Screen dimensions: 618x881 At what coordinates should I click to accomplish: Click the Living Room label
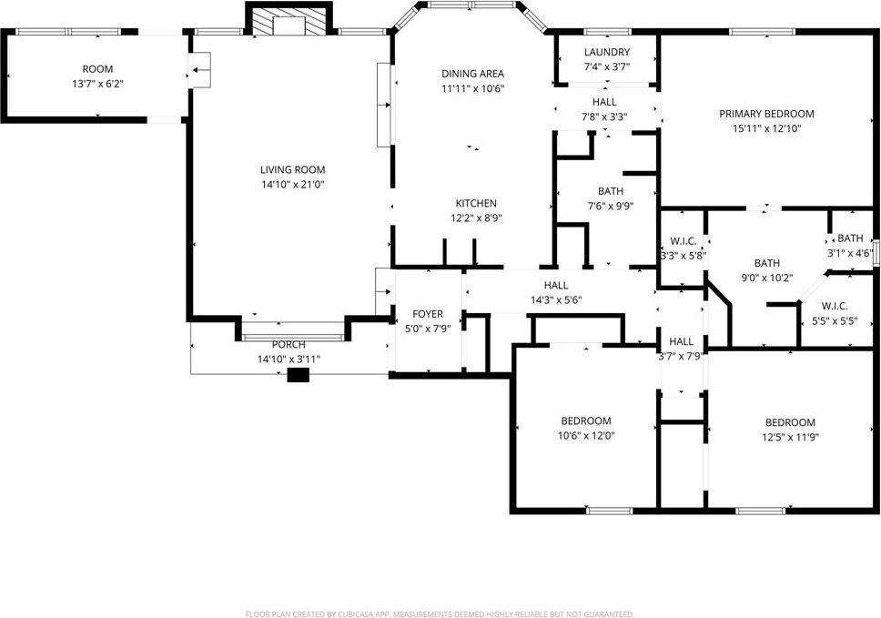point(292,169)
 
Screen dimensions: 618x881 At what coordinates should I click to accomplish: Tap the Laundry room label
point(607,53)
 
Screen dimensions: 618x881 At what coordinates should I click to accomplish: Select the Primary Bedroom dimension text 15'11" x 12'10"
point(766,128)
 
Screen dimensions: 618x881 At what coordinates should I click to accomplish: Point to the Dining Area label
point(472,74)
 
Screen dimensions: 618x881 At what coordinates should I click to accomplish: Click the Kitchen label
point(476,203)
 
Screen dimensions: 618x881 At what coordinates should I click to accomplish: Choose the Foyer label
point(428,314)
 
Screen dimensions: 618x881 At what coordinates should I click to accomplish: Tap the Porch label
point(289,345)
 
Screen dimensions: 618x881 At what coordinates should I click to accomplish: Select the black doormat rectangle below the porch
point(299,374)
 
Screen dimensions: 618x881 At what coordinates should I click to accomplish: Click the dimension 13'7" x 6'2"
point(97,84)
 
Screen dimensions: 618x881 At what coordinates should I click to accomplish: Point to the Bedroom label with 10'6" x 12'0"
point(585,420)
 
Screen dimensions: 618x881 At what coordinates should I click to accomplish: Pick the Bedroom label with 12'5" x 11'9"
point(789,422)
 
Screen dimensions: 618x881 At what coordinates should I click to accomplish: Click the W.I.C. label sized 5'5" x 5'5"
point(835,306)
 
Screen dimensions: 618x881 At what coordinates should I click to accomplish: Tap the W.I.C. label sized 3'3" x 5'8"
point(684,241)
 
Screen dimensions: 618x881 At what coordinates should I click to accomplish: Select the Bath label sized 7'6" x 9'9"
point(611,191)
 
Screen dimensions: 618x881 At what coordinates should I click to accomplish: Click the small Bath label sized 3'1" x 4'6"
point(850,238)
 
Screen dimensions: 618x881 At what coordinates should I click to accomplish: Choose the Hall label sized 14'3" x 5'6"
point(556,286)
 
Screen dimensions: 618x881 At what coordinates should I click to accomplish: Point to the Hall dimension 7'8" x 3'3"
point(603,117)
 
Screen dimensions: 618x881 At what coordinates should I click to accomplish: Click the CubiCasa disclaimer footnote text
point(440,614)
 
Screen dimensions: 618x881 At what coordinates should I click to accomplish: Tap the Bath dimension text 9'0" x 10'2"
point(767,279)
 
